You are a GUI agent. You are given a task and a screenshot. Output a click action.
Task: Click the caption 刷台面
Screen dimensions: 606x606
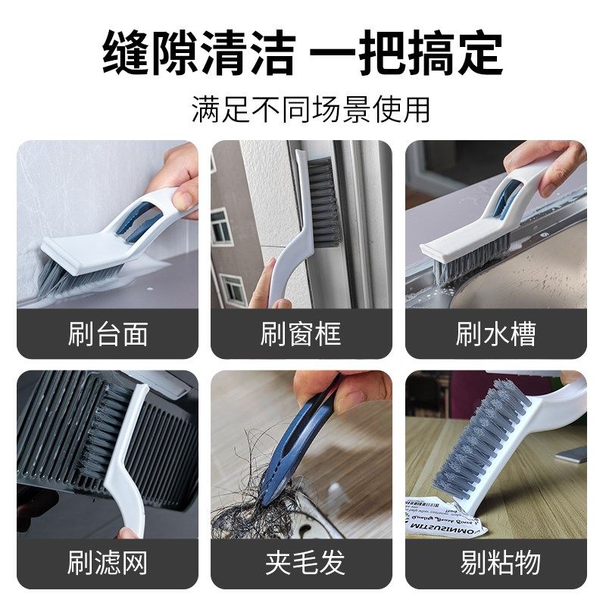tap(108, 334)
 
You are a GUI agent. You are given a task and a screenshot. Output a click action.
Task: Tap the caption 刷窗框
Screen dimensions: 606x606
tap(301, 334)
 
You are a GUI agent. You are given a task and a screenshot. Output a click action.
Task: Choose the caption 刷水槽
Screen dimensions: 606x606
tap(496, 334)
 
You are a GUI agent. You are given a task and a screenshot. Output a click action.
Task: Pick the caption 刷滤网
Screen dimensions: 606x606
tap(108, 563)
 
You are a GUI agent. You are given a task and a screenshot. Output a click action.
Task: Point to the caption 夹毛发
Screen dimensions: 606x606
tap(301, 563)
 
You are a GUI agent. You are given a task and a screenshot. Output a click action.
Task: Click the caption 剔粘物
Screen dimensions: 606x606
tap(496, 563)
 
